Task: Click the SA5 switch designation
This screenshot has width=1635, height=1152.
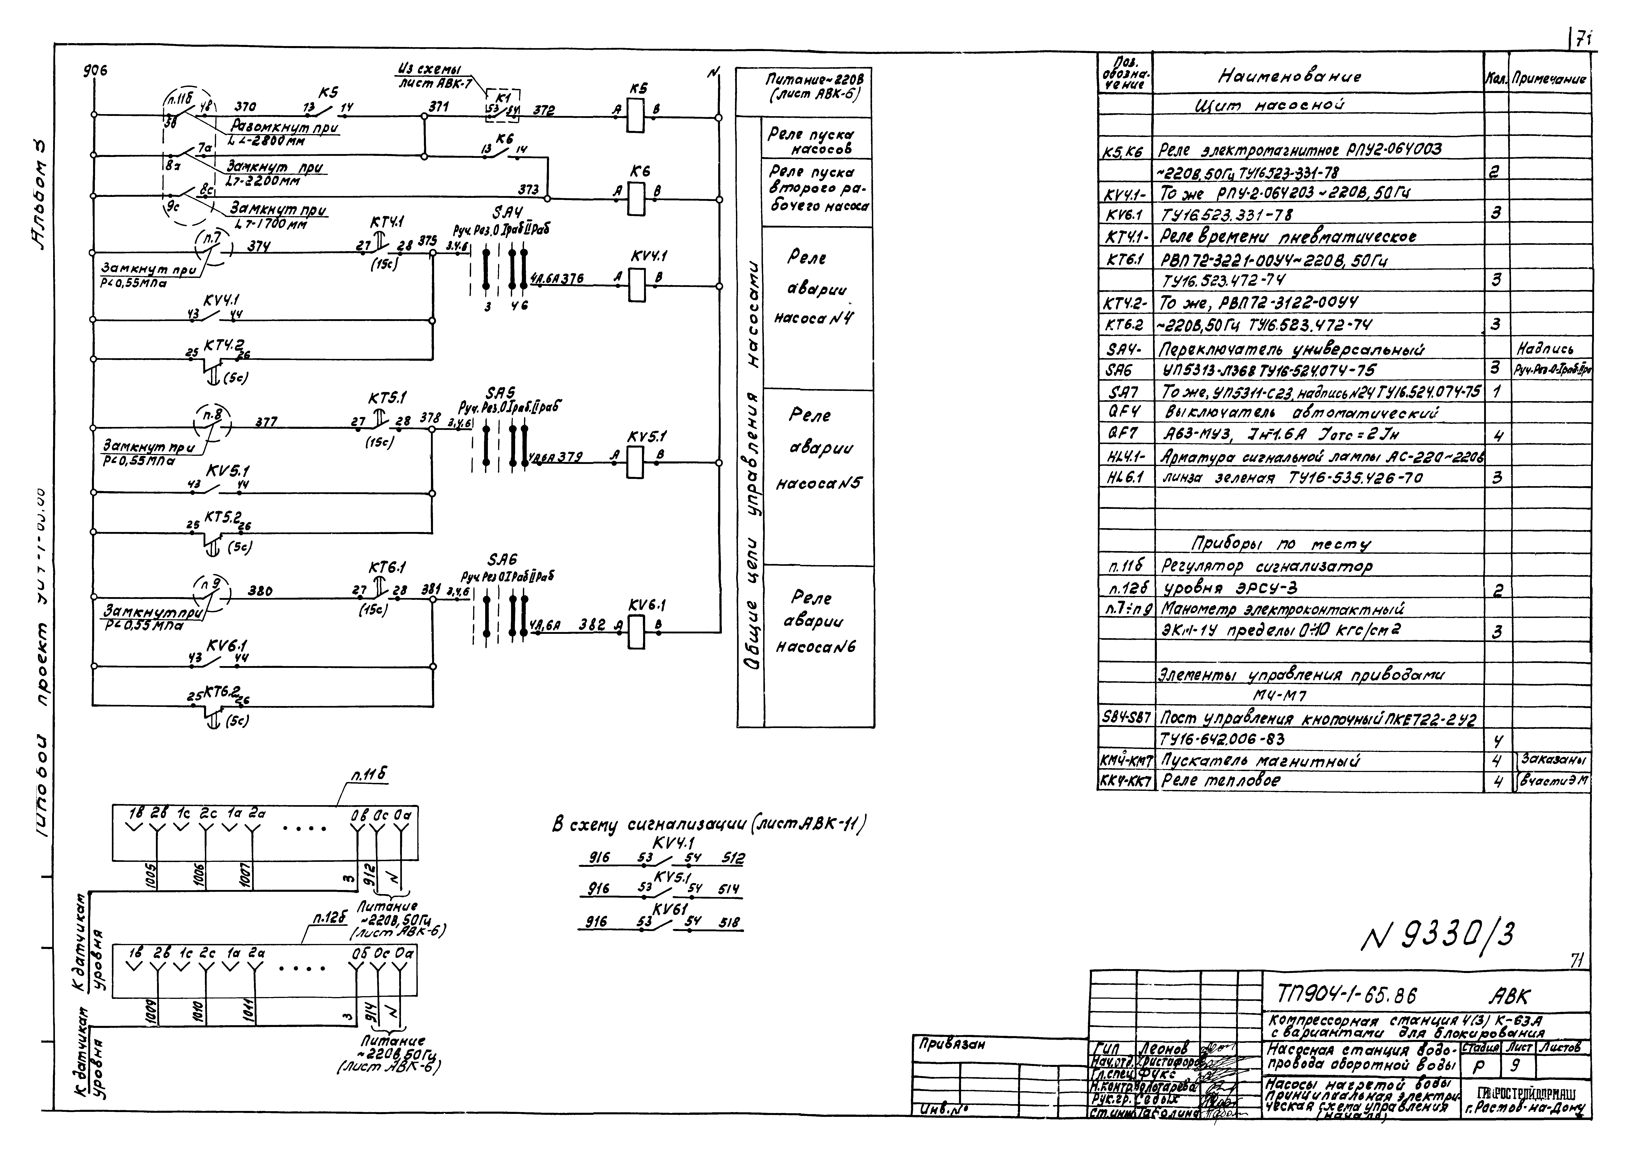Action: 501,393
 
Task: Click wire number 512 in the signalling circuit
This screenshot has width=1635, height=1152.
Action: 732,859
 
